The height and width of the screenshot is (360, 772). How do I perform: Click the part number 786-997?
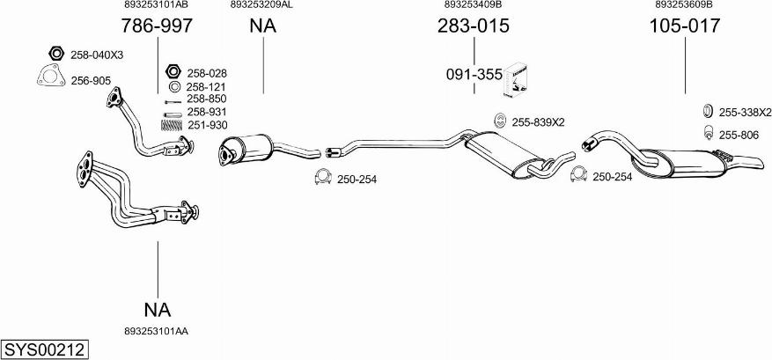pos(157,26)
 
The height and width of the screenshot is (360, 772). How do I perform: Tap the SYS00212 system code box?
pos(45,350)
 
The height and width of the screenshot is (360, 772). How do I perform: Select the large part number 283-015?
pos(473,26)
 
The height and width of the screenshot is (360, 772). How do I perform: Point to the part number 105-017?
pos(684,26)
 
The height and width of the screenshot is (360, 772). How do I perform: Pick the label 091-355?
pos(474,76)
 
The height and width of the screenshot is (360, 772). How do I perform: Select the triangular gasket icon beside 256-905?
pos(51,76)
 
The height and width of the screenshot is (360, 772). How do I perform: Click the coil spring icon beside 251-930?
pos(172,125)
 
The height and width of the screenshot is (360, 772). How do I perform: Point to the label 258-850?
pos(206,99)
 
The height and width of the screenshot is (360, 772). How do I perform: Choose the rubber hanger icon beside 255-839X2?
pos(500,121)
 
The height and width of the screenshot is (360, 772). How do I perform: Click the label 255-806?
pos(739,135)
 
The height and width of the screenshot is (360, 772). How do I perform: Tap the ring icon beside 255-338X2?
pos(707,111)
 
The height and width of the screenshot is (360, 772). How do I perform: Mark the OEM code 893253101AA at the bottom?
pos(157,332)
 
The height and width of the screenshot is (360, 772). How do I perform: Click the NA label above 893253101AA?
pos(158,310)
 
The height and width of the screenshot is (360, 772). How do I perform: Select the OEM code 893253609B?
pos(684,5)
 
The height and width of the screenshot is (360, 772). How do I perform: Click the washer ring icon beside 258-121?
pos(173,87)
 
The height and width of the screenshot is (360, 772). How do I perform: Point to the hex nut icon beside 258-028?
pos(173,71)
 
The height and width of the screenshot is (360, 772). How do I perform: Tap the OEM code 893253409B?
pos(473,5)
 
